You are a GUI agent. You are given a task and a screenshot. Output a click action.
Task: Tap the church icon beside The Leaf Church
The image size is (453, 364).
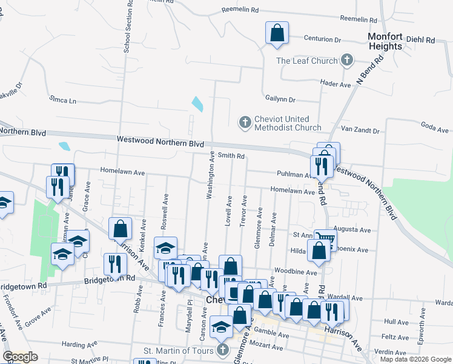[x=347, y=60]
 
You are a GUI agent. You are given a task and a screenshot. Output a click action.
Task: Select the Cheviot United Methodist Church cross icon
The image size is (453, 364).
[x=245, y=123]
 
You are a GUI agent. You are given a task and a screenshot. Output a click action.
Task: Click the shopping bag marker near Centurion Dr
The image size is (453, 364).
[x=277, y=33]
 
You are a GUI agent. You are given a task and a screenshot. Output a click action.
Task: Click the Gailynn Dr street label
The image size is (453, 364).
[x=280, y=99]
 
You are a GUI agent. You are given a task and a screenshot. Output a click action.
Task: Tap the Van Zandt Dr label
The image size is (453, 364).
[x=360, y=130]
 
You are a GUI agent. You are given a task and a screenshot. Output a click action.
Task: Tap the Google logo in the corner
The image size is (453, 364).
[x=20, y=357]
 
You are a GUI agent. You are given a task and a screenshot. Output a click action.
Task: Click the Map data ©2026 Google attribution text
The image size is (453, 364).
[x=415, y=359]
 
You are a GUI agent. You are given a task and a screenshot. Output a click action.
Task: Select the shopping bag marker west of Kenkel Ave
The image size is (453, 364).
[x=120, y=230]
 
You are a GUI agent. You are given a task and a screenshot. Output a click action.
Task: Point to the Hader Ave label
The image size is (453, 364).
[x=336, y=85]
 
